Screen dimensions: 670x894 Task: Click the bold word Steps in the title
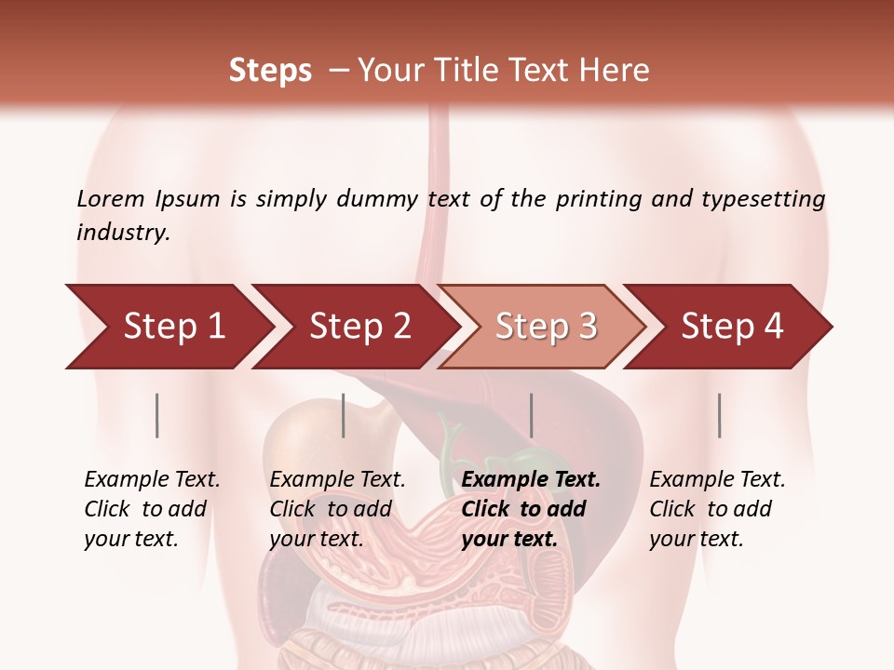[270, 71]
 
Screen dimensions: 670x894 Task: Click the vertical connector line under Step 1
[157, 415]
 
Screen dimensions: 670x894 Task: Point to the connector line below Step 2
[344, 415]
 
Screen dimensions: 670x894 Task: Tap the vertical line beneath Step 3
[532, 415]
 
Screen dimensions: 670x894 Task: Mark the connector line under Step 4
[719, 415]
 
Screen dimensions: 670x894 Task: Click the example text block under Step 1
[152, 509]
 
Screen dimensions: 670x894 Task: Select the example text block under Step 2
[337, 509]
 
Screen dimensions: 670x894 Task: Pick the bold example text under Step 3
[531, 509]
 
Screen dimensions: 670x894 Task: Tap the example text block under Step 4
[717, 509]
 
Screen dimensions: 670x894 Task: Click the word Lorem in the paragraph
[111, 198]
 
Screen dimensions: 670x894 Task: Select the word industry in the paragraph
[123, 233]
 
